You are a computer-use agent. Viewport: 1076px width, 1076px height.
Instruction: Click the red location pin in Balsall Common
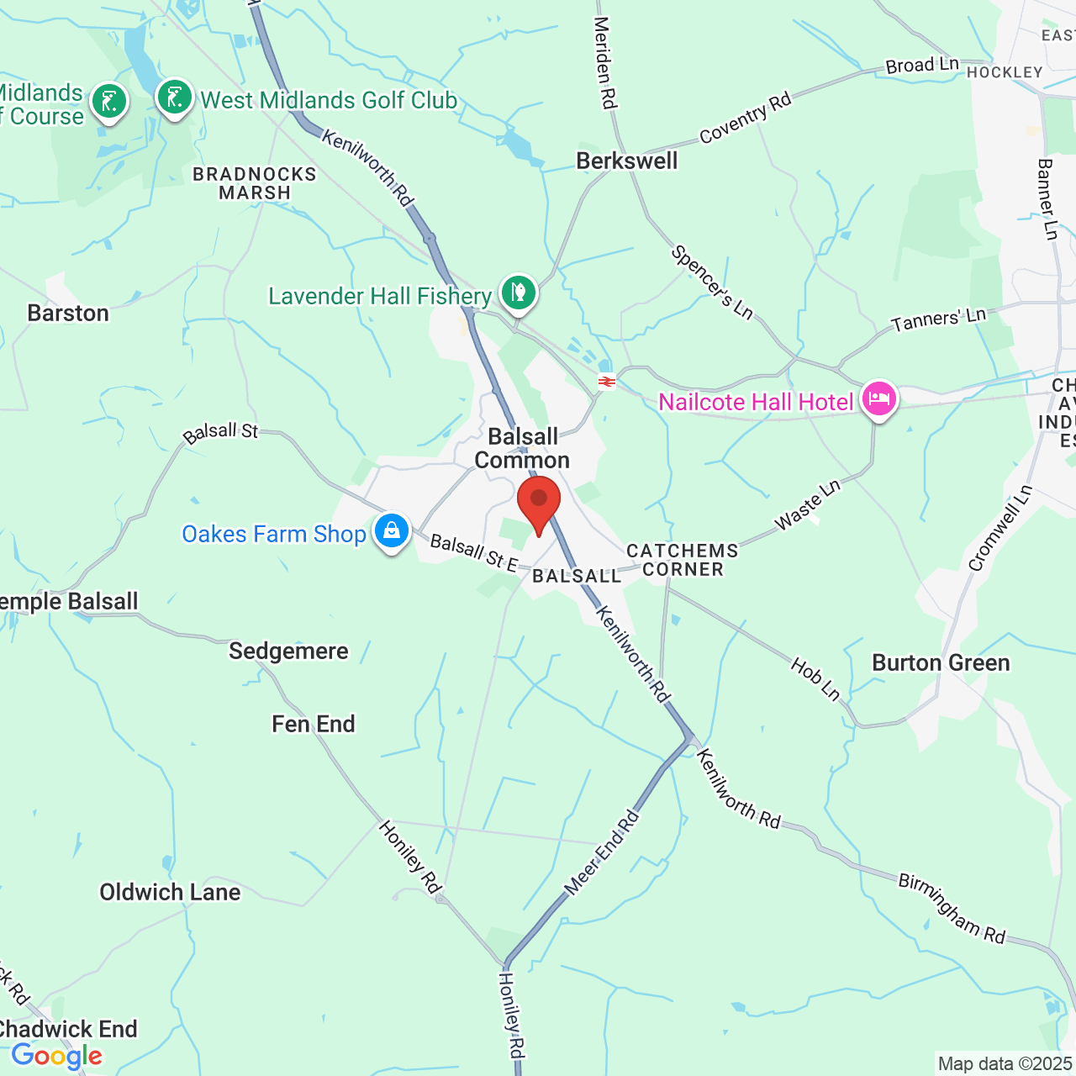(x=539, y=499)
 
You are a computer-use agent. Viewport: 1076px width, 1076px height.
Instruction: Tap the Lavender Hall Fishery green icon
(x=519, y=293)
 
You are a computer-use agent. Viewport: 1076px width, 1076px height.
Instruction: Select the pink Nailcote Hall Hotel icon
(x=878, y=399)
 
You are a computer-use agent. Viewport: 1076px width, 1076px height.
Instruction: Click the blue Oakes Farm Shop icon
(x=391, y=531)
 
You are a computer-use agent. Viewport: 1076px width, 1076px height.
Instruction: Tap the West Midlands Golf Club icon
(x=175, y=98)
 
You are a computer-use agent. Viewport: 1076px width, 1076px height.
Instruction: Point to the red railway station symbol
(x=606, y=382)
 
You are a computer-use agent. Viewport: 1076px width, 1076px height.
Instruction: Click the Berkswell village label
(x=626, y=161)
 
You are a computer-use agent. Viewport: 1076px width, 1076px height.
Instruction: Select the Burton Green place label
(x=941, y=662)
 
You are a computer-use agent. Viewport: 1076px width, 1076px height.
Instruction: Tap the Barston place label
(x=68, y=313)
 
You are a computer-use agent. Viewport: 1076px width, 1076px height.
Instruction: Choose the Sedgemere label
(x=288, y=651)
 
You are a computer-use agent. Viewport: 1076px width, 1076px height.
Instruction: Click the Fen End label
(x=314, y=724)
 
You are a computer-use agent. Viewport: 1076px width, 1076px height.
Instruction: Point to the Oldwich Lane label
(x=170, y=892)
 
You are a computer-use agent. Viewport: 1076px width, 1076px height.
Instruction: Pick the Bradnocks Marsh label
(x=255, y=183)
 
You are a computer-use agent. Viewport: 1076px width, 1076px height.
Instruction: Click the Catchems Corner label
(x=683, y=560)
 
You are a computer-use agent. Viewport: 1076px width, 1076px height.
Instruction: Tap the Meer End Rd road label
(x=601, y=852)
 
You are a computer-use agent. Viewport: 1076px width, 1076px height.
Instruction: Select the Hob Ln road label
(x=815, y=679)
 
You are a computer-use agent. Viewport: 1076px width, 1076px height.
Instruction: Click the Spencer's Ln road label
(x=712, y=282)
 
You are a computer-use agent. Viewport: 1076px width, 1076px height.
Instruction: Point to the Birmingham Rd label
(x=952, y=908)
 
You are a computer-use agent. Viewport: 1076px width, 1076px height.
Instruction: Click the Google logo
(x=56, y=1056)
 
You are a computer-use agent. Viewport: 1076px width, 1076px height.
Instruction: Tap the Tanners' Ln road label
(x=939, y=319)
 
